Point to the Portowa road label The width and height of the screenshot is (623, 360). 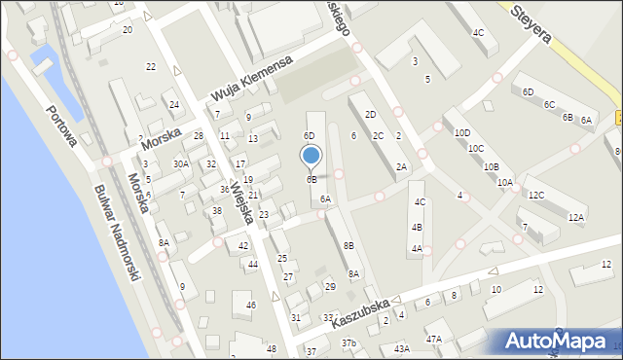click(x=61, y=125)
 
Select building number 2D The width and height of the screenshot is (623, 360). click(x=370, y=115)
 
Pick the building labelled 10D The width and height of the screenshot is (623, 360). click(x=462, y=132)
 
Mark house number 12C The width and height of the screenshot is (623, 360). click(x=535, y=195)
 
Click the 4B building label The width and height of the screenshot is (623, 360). click(x=418, y=227)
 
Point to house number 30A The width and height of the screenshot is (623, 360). click(x=181, y=164)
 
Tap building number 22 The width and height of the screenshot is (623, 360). click(x=150, y=66)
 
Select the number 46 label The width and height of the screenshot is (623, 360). click(x=250, y=306)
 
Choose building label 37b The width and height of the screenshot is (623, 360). click(x=348, y=343)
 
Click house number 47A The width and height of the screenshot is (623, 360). click(x=433, y=340)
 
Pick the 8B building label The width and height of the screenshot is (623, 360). click(x=348, y=246)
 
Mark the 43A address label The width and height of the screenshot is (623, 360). click(x=401, y=348)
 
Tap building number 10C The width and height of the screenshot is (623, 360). click(x=475, y=149)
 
